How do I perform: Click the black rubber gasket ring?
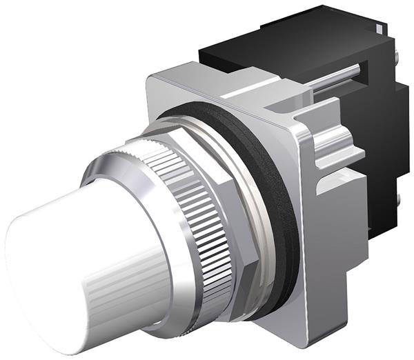[x=283, y=207]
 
